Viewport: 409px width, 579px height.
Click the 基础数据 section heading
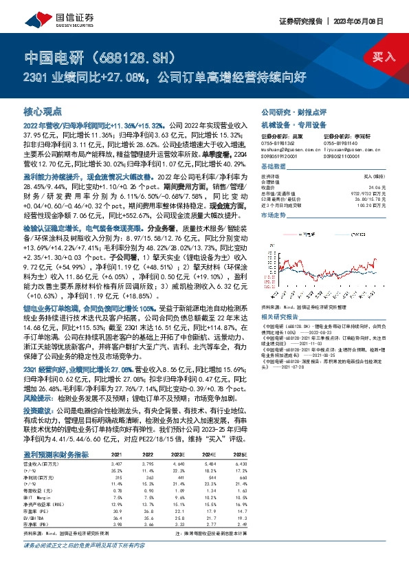[x=274, y=167]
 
